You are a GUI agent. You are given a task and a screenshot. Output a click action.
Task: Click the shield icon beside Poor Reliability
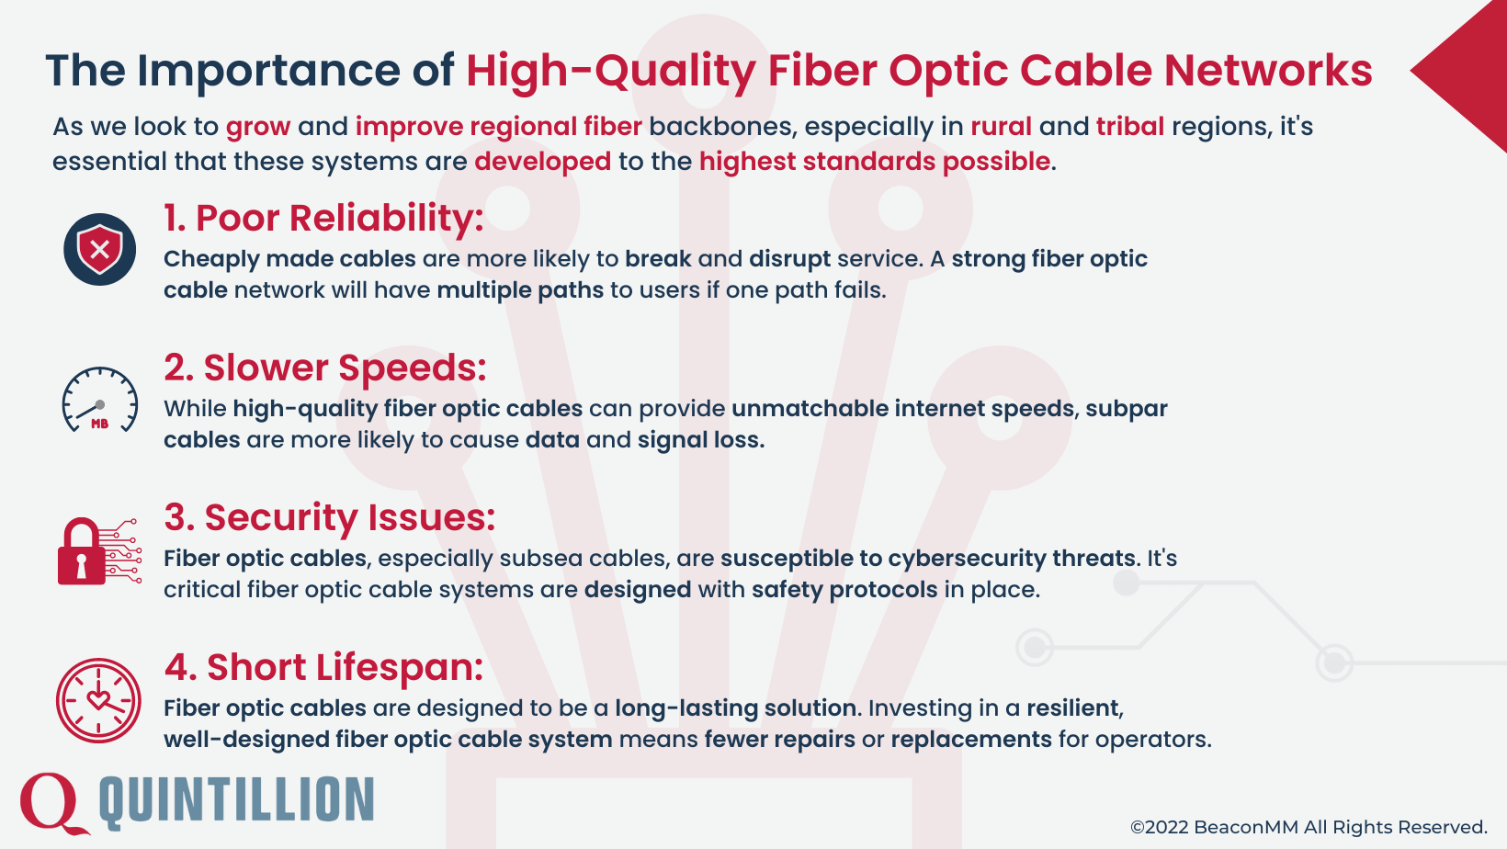click(99, 249)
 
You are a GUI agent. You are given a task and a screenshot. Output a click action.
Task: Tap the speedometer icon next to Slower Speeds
click(99, 401)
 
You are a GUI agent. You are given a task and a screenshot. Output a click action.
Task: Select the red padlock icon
click(83, 552)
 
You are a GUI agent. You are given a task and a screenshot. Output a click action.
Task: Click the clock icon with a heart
click(98, 700)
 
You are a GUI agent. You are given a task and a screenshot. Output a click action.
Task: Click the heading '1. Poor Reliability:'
click(323, 219)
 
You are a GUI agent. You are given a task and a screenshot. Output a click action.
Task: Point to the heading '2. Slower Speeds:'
click(325, 368)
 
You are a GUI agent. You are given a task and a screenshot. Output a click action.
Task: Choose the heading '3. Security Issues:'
click(329, 518)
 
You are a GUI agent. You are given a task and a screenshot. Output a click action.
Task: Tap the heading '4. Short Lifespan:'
click(323, 668)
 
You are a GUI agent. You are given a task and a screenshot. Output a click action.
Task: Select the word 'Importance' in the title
click(268, 71)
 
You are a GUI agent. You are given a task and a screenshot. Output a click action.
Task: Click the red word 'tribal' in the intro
click(1129, 126)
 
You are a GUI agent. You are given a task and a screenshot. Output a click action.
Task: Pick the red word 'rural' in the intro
click(1001, 126)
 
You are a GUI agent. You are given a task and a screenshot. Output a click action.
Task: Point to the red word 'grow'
click(258, 127)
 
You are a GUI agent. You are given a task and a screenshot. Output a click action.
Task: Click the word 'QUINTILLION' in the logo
click(236, 800)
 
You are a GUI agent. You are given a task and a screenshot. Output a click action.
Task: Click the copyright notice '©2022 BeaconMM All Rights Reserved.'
click(1309, 827)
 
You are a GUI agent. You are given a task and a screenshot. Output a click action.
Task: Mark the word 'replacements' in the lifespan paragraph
click(970, 739)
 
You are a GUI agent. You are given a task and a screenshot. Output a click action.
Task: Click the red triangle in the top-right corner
click(1470, 74)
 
